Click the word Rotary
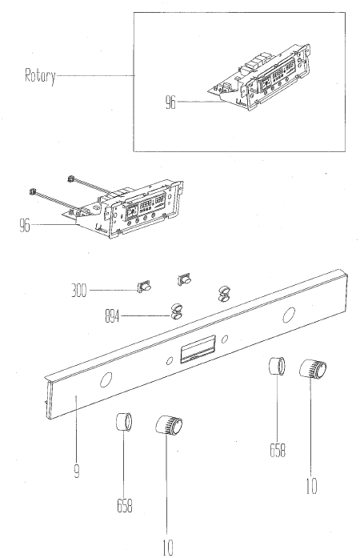coord(40,76)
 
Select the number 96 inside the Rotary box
coord(170,102)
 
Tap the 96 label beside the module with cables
coord(25,225)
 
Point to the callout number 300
coord(79,291)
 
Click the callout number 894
coord(113,316)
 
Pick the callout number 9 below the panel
coord(77,471)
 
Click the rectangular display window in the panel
coord(198,349)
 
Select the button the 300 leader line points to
coord(144,286)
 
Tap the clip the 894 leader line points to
coord(177,311)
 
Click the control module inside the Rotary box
coord(261,78)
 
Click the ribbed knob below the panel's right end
coord(313,369)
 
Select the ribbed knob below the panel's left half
coord(169,424)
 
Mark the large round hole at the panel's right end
coord(289,315)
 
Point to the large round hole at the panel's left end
coord(106,379)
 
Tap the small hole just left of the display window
coord(170,361)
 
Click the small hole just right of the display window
coord(225,339)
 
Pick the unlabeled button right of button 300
coord(184,279)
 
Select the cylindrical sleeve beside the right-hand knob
coord(277,366)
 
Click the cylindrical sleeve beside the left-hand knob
coord(124,422)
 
